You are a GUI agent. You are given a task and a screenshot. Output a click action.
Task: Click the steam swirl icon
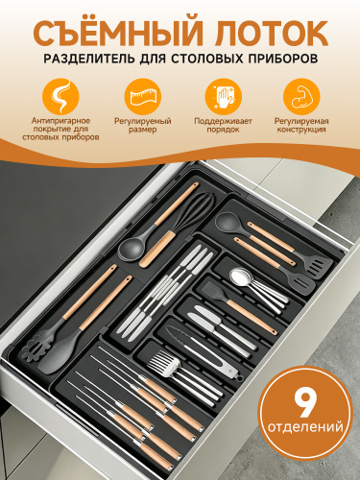[x=60, y=97]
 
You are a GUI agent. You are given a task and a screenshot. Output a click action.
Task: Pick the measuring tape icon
[x=143, y=97]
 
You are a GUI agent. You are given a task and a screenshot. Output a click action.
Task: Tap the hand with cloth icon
[x=224, y=97]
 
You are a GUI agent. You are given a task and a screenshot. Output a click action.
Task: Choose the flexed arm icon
[x=301, y=97]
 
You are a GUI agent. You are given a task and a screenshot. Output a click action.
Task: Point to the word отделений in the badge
[x=305, y=427]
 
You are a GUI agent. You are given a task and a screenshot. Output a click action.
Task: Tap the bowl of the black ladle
[x=132, y=250]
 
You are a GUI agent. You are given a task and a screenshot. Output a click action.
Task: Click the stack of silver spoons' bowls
[x=242, y=276]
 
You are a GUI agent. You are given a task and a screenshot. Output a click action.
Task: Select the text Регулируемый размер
[x=143, y=126]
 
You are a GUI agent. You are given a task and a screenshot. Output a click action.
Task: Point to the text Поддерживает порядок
[x=223, y=126]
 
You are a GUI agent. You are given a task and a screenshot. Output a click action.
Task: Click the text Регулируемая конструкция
[x=301, y=126]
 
